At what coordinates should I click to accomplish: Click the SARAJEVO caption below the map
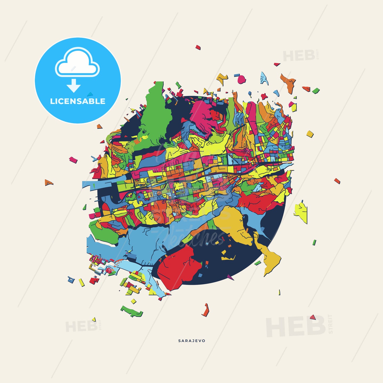[192, 341]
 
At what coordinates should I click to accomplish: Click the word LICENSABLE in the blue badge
[78, 101]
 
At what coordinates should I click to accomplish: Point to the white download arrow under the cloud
[74, 86]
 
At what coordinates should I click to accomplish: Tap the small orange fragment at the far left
[48, 183]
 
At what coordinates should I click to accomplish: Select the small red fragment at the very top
[198, 47]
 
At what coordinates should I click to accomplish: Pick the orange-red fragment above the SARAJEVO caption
[206, 310]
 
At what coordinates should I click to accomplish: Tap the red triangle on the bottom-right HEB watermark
[313, 317]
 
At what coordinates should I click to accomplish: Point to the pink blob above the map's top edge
[242, 79]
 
